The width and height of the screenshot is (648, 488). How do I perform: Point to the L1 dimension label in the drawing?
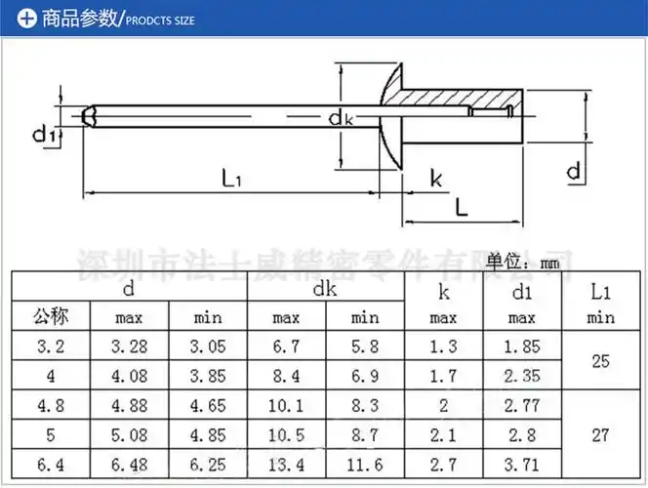point(231,177)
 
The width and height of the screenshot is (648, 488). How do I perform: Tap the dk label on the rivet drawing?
point(340,119)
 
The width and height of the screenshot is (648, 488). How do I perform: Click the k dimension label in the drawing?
point(435,179)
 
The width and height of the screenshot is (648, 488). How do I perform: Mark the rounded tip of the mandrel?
point(88,117)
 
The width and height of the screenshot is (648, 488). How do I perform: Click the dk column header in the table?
point(325,289)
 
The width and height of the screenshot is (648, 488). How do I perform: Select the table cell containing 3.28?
point(129,346)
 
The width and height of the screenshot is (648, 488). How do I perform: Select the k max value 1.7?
point(443,374)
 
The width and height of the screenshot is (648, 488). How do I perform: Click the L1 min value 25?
point(600,360)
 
